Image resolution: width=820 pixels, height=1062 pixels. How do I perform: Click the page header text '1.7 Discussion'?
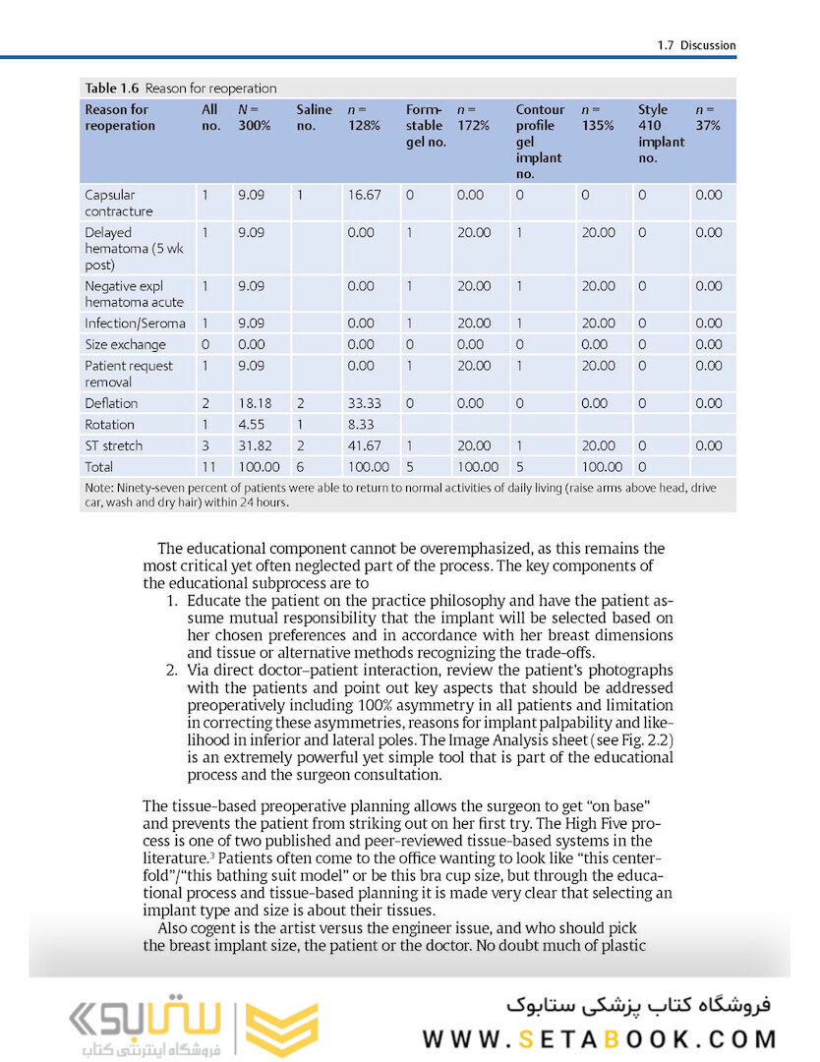(695, 45)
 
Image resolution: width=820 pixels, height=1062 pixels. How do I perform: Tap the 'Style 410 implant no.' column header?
(661, 133)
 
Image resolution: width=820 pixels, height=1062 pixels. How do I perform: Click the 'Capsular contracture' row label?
(118, 203)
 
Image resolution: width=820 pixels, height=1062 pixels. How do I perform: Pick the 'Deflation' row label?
(111, 403)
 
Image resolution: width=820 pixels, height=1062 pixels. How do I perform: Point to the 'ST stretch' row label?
(113, 445)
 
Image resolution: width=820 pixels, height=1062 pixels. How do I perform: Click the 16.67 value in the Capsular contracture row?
(363, 195)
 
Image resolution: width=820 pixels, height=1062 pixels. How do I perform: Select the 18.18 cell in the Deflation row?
(254, 403)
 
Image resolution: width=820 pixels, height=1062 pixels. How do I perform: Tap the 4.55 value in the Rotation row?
(251, 425)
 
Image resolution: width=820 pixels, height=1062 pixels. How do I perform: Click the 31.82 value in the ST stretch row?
(254, 445)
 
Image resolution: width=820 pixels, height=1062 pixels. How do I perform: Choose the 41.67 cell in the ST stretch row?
(363, 445)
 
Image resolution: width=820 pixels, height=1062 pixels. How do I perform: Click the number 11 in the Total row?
(207, 467)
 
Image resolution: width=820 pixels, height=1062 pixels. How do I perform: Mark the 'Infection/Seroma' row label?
(134, 324)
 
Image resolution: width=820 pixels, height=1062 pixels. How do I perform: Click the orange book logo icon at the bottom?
(277, 1031)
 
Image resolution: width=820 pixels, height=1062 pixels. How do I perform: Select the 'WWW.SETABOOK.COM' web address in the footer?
(600, 1039)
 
